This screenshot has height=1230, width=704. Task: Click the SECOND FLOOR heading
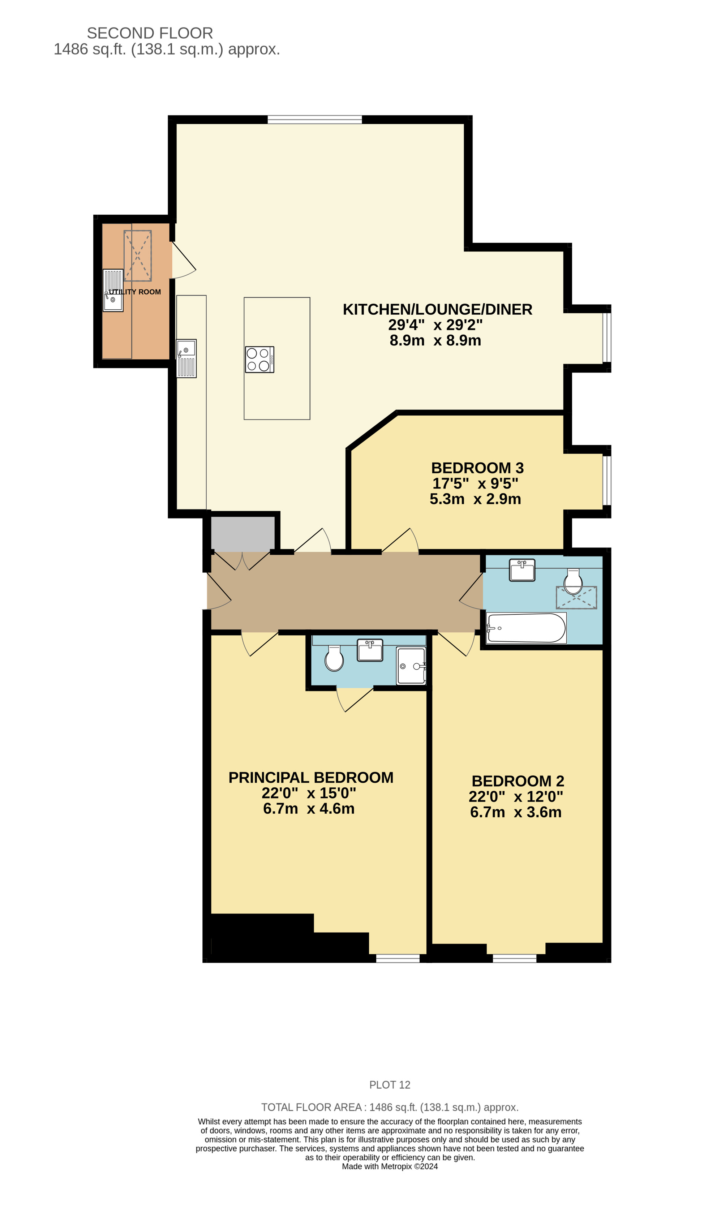click(x=150, y=33)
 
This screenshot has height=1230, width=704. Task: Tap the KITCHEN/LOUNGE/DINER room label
click(x=438, y=309)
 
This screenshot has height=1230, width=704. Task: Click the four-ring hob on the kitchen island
click(x=259, y=360)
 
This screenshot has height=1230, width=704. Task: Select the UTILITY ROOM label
click(x=134, y=292)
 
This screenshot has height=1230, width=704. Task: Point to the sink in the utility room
click(x=113, y=291)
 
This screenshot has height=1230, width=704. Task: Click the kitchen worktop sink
click(x=186, y=358)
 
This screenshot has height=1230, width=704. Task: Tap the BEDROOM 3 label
click(x=477, y=468)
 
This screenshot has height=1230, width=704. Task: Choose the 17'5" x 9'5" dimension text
click(x=475, y=483)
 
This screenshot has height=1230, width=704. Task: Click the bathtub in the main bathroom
click(x=527, y=628)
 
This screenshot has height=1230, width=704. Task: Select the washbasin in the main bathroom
click(x=522, y=570)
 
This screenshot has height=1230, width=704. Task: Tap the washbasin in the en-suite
click(x=370, y=650)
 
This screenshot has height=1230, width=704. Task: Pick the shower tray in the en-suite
click(x=411, y=666)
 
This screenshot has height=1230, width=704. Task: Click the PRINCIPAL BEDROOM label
click(x=311, y=778)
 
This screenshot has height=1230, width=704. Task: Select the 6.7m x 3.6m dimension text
click(x=516, y=812)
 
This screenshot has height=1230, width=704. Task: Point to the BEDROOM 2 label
click(x=518, y=781)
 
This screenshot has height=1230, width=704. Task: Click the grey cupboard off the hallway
click(x=243, y=534)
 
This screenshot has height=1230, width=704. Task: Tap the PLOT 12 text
click(x=390, y=1085)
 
